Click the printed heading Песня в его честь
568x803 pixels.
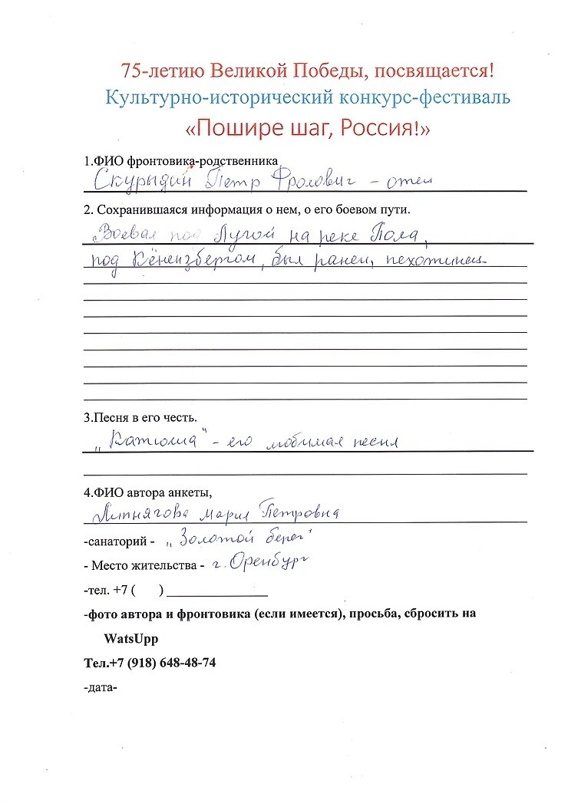[x=140, y=419]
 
